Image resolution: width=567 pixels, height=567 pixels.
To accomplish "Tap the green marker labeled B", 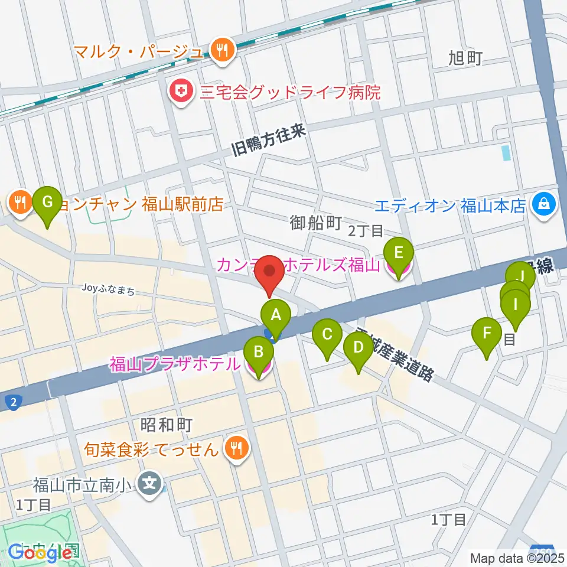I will (x=258, y=353).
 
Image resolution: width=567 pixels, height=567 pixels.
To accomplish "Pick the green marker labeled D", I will (x=357, y=348).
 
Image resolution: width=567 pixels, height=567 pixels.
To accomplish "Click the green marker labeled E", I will (x=398, y=254).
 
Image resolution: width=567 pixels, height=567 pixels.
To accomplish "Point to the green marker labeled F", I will (x=487, y=333).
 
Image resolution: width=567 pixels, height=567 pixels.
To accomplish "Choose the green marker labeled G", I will (x=48, y=202).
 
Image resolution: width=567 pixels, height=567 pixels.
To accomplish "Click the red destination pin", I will (x=270, y=274).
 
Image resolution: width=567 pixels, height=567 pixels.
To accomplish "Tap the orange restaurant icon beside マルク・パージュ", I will (x=223, y=50).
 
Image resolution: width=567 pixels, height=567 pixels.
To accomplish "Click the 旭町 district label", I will (x=465, y=58).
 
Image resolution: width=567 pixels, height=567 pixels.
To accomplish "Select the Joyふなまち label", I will (x=110, y=290).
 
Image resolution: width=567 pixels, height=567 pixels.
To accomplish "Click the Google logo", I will (x=40, y=553).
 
